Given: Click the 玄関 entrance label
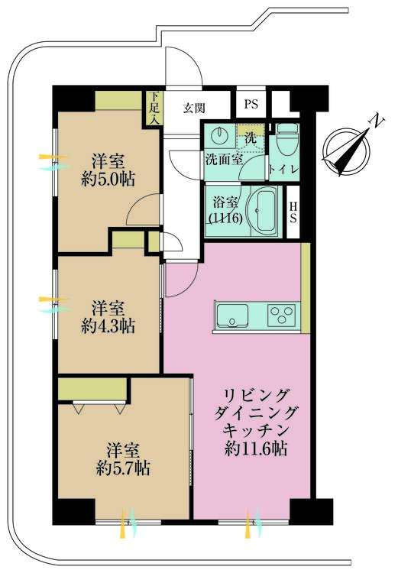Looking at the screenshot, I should tap(193, 107).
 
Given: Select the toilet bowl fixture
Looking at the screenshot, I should tap(286, 141).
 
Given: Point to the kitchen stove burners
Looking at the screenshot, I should tap(282, 314).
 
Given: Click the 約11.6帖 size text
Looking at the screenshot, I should tap(255, 449).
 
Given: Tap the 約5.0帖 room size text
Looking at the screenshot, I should tap(108, 180).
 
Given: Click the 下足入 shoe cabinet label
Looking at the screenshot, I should tap(154, 108).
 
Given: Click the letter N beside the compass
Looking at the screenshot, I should tap(375, 121).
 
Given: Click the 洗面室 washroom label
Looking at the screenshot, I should tap(223, 160).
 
